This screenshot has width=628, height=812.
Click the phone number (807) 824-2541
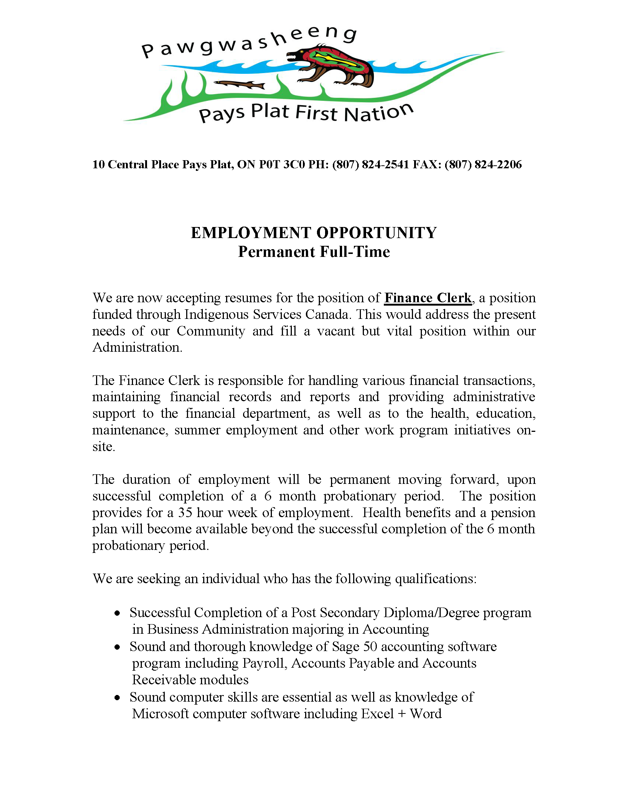371,164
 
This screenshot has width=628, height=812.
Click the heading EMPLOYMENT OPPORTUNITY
314,233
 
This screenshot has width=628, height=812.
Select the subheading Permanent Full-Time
314,252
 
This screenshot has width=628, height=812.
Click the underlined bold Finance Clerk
428,298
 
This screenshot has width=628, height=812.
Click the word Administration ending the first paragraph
137,347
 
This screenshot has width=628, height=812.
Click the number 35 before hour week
185,513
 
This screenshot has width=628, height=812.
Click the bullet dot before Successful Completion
117,613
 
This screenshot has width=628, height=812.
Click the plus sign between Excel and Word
402,714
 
